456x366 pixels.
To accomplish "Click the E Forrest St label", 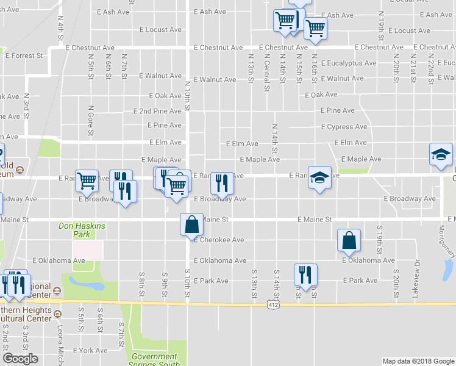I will point(24,56).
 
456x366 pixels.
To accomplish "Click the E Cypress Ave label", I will point(344,127).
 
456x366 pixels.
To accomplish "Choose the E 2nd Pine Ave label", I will point(157,111).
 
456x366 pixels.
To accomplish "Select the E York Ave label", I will point(90,351).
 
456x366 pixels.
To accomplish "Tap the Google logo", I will point(20,359).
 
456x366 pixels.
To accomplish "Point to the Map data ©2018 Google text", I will point(418,361).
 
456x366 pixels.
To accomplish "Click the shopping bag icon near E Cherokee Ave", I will point(191,224).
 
